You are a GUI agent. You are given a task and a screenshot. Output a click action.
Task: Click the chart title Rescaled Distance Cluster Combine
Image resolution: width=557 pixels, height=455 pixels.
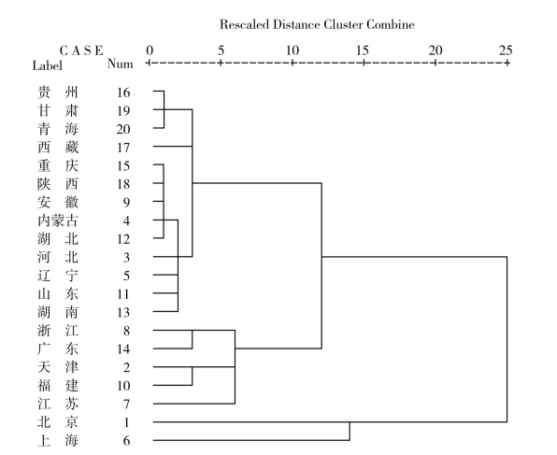317,24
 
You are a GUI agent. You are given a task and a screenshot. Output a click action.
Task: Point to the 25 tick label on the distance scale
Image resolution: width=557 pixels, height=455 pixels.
506,50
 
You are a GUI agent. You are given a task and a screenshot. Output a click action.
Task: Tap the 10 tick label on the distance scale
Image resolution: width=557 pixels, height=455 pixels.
292,50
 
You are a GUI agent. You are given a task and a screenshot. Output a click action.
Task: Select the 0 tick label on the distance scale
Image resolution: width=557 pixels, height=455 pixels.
150,50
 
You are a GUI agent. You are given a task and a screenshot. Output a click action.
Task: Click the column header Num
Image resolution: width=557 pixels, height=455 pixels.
120,64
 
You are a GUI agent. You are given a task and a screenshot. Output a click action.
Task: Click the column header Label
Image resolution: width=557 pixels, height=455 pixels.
48,65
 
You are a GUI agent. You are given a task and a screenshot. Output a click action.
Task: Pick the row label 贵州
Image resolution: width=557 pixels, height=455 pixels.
58,92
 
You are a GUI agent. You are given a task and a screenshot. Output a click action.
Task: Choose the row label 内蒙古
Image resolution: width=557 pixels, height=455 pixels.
58,220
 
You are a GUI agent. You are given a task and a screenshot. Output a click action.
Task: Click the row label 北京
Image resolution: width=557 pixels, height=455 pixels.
58,422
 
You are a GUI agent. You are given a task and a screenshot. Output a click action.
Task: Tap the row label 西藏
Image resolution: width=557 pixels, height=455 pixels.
58,148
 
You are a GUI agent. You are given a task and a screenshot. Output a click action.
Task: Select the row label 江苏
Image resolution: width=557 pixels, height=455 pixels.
58,404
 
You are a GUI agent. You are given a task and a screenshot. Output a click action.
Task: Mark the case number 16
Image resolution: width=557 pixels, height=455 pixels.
123,92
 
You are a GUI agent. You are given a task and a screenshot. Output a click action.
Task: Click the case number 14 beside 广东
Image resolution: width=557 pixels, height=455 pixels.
123,349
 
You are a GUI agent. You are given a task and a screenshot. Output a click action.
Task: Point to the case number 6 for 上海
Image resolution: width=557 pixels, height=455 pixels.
126,441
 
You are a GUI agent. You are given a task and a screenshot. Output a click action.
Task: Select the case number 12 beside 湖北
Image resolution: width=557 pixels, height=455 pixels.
123,239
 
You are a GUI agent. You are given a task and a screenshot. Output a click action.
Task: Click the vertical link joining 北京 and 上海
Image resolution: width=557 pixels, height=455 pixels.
350,432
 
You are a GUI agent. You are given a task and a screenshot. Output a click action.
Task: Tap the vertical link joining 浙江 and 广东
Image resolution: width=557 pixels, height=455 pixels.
193,339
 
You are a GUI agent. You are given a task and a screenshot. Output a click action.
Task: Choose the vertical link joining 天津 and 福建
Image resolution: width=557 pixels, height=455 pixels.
193,377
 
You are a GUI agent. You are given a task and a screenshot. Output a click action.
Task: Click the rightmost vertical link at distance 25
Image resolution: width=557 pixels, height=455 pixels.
507,339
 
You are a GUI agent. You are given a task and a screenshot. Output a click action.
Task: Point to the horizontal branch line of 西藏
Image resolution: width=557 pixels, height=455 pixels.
173,146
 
